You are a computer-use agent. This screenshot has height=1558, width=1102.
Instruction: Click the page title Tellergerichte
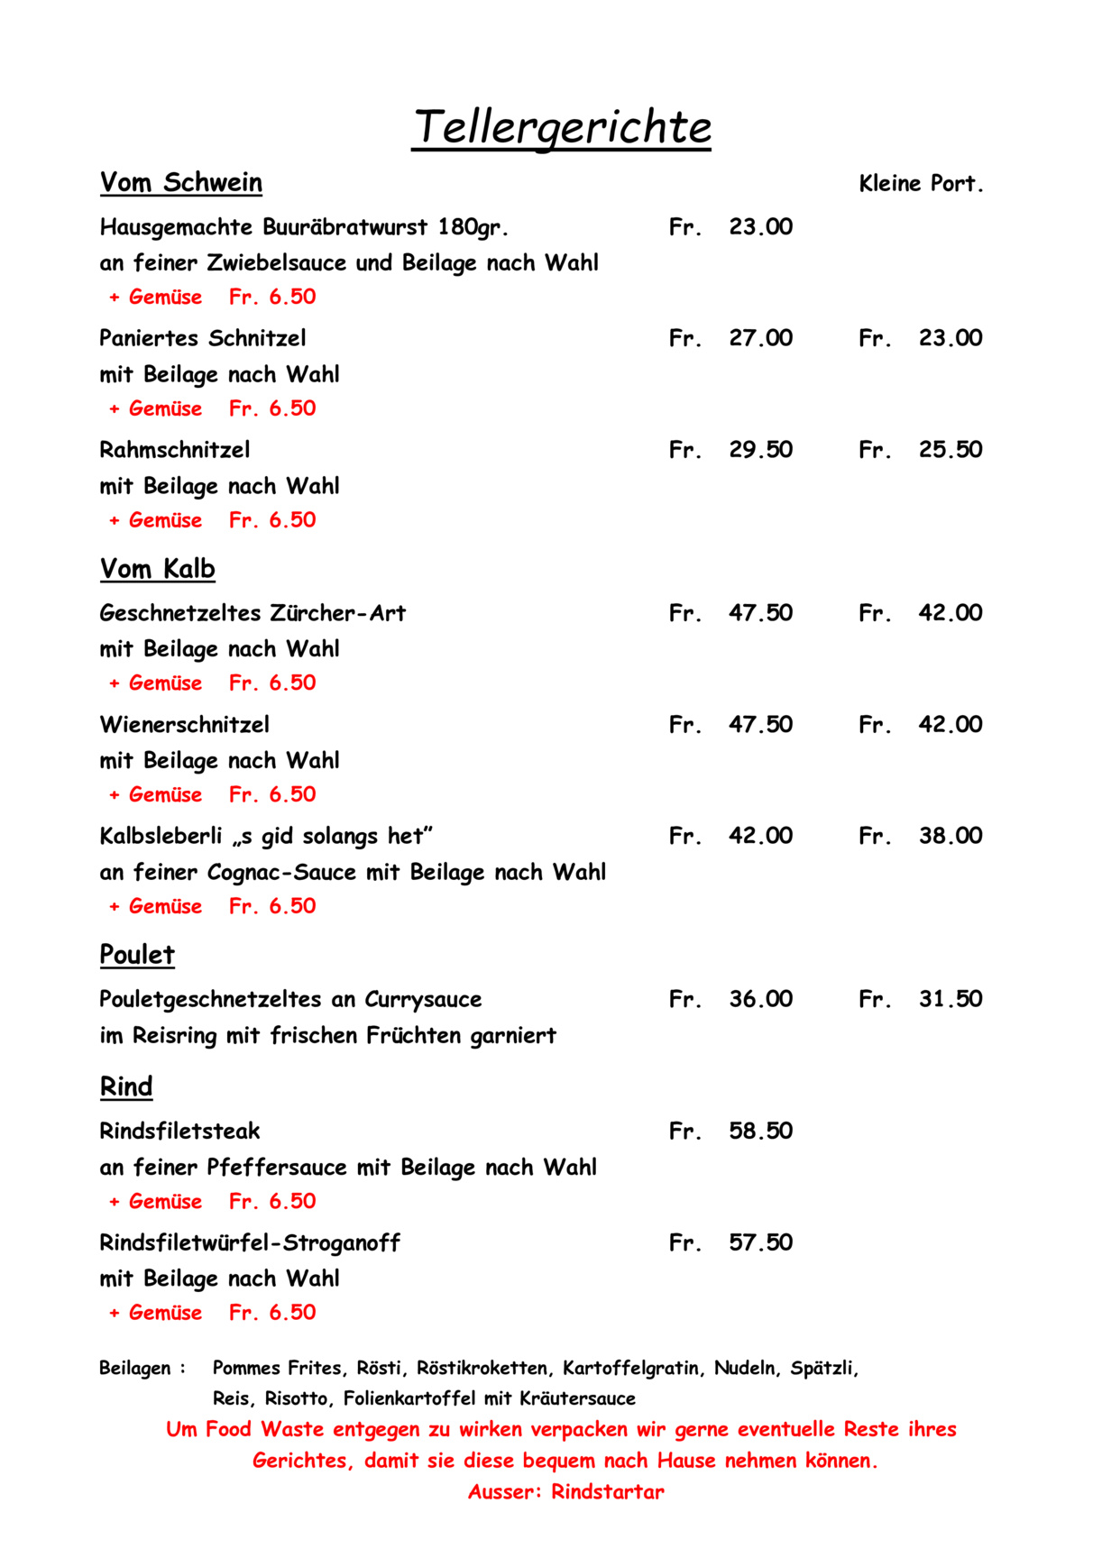click(562, 127)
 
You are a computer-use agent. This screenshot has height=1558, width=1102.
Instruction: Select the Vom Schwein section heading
click(180, 183)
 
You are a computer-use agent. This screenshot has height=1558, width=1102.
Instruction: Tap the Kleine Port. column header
click(921, 184)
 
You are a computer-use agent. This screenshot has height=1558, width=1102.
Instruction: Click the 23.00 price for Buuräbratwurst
click(760, 227)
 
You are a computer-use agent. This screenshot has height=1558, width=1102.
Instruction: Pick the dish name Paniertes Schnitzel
click(203, 339)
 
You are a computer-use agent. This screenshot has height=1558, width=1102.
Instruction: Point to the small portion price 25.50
click(950, 450)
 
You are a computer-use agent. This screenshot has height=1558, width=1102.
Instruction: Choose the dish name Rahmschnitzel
click(175, 450)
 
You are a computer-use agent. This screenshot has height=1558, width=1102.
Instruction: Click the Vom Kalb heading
click(157, 570)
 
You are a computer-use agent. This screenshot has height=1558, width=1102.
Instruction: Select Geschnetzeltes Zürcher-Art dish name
click(253, 614)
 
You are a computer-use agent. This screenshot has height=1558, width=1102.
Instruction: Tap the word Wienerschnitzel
click(184, 725)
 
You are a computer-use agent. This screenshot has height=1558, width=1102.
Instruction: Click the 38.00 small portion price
click(950, 837)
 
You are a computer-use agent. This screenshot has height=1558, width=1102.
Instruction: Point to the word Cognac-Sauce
click(281, 873)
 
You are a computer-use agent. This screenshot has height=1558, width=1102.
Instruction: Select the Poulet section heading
click(137, 955)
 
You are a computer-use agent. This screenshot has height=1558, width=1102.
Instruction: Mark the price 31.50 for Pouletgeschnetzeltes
click(950, 1000)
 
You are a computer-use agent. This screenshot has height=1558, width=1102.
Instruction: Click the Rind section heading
click(126, 1087)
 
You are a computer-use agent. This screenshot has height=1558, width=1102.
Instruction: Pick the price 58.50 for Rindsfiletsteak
click(760, 1132)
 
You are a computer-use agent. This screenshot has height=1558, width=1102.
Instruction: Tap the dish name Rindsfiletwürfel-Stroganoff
click(250, 1243)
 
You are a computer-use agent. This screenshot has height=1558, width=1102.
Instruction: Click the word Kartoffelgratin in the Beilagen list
click(631, 1369)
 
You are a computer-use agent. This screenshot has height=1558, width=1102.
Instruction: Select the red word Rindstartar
click(607, 1492)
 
